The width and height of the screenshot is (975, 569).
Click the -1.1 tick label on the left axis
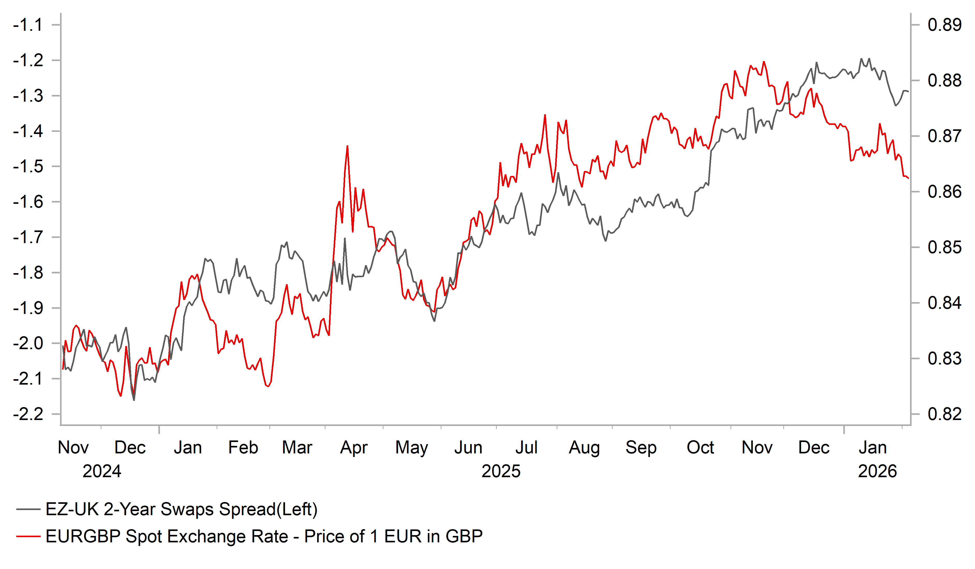[x=28, y=25]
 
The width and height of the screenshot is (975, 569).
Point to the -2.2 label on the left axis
[x=28, y=414]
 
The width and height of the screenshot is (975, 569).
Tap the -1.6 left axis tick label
[x=28, y=202]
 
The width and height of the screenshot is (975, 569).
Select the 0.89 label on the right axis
[x=944, y=25]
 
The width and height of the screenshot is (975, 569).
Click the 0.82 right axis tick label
[x=944, y=414]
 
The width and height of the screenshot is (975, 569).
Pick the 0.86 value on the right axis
[x=944, y=192]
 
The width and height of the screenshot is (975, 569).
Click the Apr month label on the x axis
[x=354, y=447]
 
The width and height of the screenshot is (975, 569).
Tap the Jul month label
[x=526, y=447]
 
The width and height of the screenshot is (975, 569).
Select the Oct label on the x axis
[x=700, y=447]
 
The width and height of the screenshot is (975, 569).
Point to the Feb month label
[x=243, y=447]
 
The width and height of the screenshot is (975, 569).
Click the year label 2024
[x=102, y=471]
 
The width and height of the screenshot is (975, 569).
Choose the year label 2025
[x=501, y=471]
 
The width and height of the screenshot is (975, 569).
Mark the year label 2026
[x=877, y=471]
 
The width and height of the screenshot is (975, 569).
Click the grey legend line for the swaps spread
[x=28, y=510]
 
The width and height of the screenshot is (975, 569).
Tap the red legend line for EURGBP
[x=28, y=536]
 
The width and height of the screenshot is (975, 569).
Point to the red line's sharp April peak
[x=348, y=146]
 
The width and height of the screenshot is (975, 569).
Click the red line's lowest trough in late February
[x=268, y=386]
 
